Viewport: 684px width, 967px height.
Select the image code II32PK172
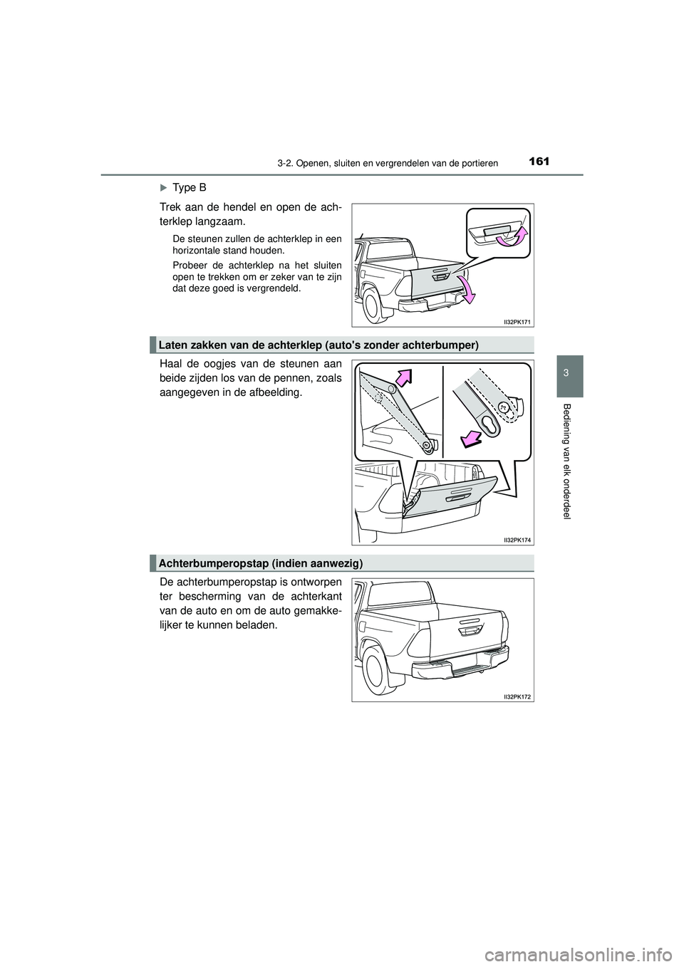(513, 697)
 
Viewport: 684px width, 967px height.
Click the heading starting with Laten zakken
(317, 345)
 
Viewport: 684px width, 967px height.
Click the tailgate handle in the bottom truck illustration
(469, 629)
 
